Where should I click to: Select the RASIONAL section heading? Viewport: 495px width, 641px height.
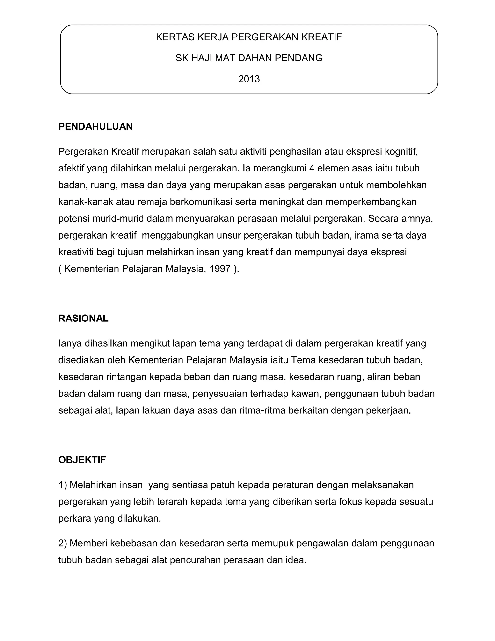tap(83, 319)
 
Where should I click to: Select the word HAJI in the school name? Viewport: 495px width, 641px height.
tap(202, 58)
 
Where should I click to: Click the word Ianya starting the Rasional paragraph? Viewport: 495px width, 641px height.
tap(70, 343)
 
